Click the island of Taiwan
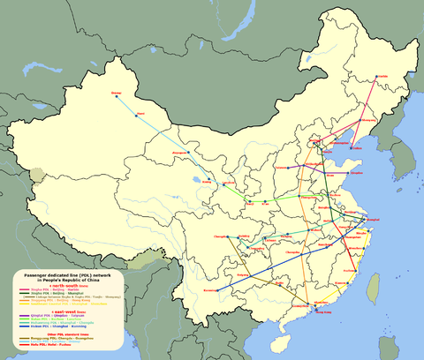coord(372,288)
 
